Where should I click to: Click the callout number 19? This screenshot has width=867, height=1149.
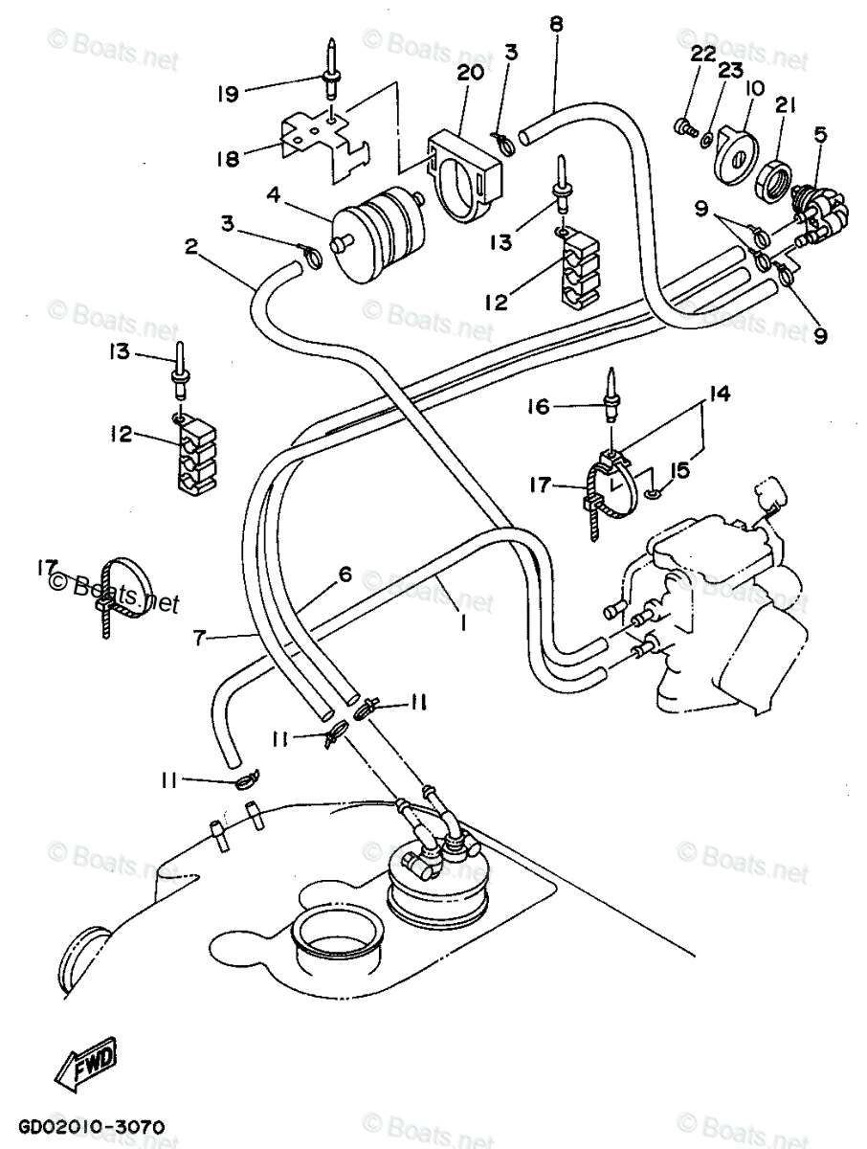tap(227, 93)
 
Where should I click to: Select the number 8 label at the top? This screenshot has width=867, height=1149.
tap(556, 25)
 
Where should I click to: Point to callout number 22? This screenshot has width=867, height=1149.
tap(703, 55)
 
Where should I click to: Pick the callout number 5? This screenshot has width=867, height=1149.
tap(820, 136)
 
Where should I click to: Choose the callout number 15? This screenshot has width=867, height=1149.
tap(681, 470)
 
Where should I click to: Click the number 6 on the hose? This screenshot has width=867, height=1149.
tap(345, 574)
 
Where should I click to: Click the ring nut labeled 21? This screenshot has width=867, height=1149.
tap(771, 178)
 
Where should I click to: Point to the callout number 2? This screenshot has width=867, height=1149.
tap(191, 247)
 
